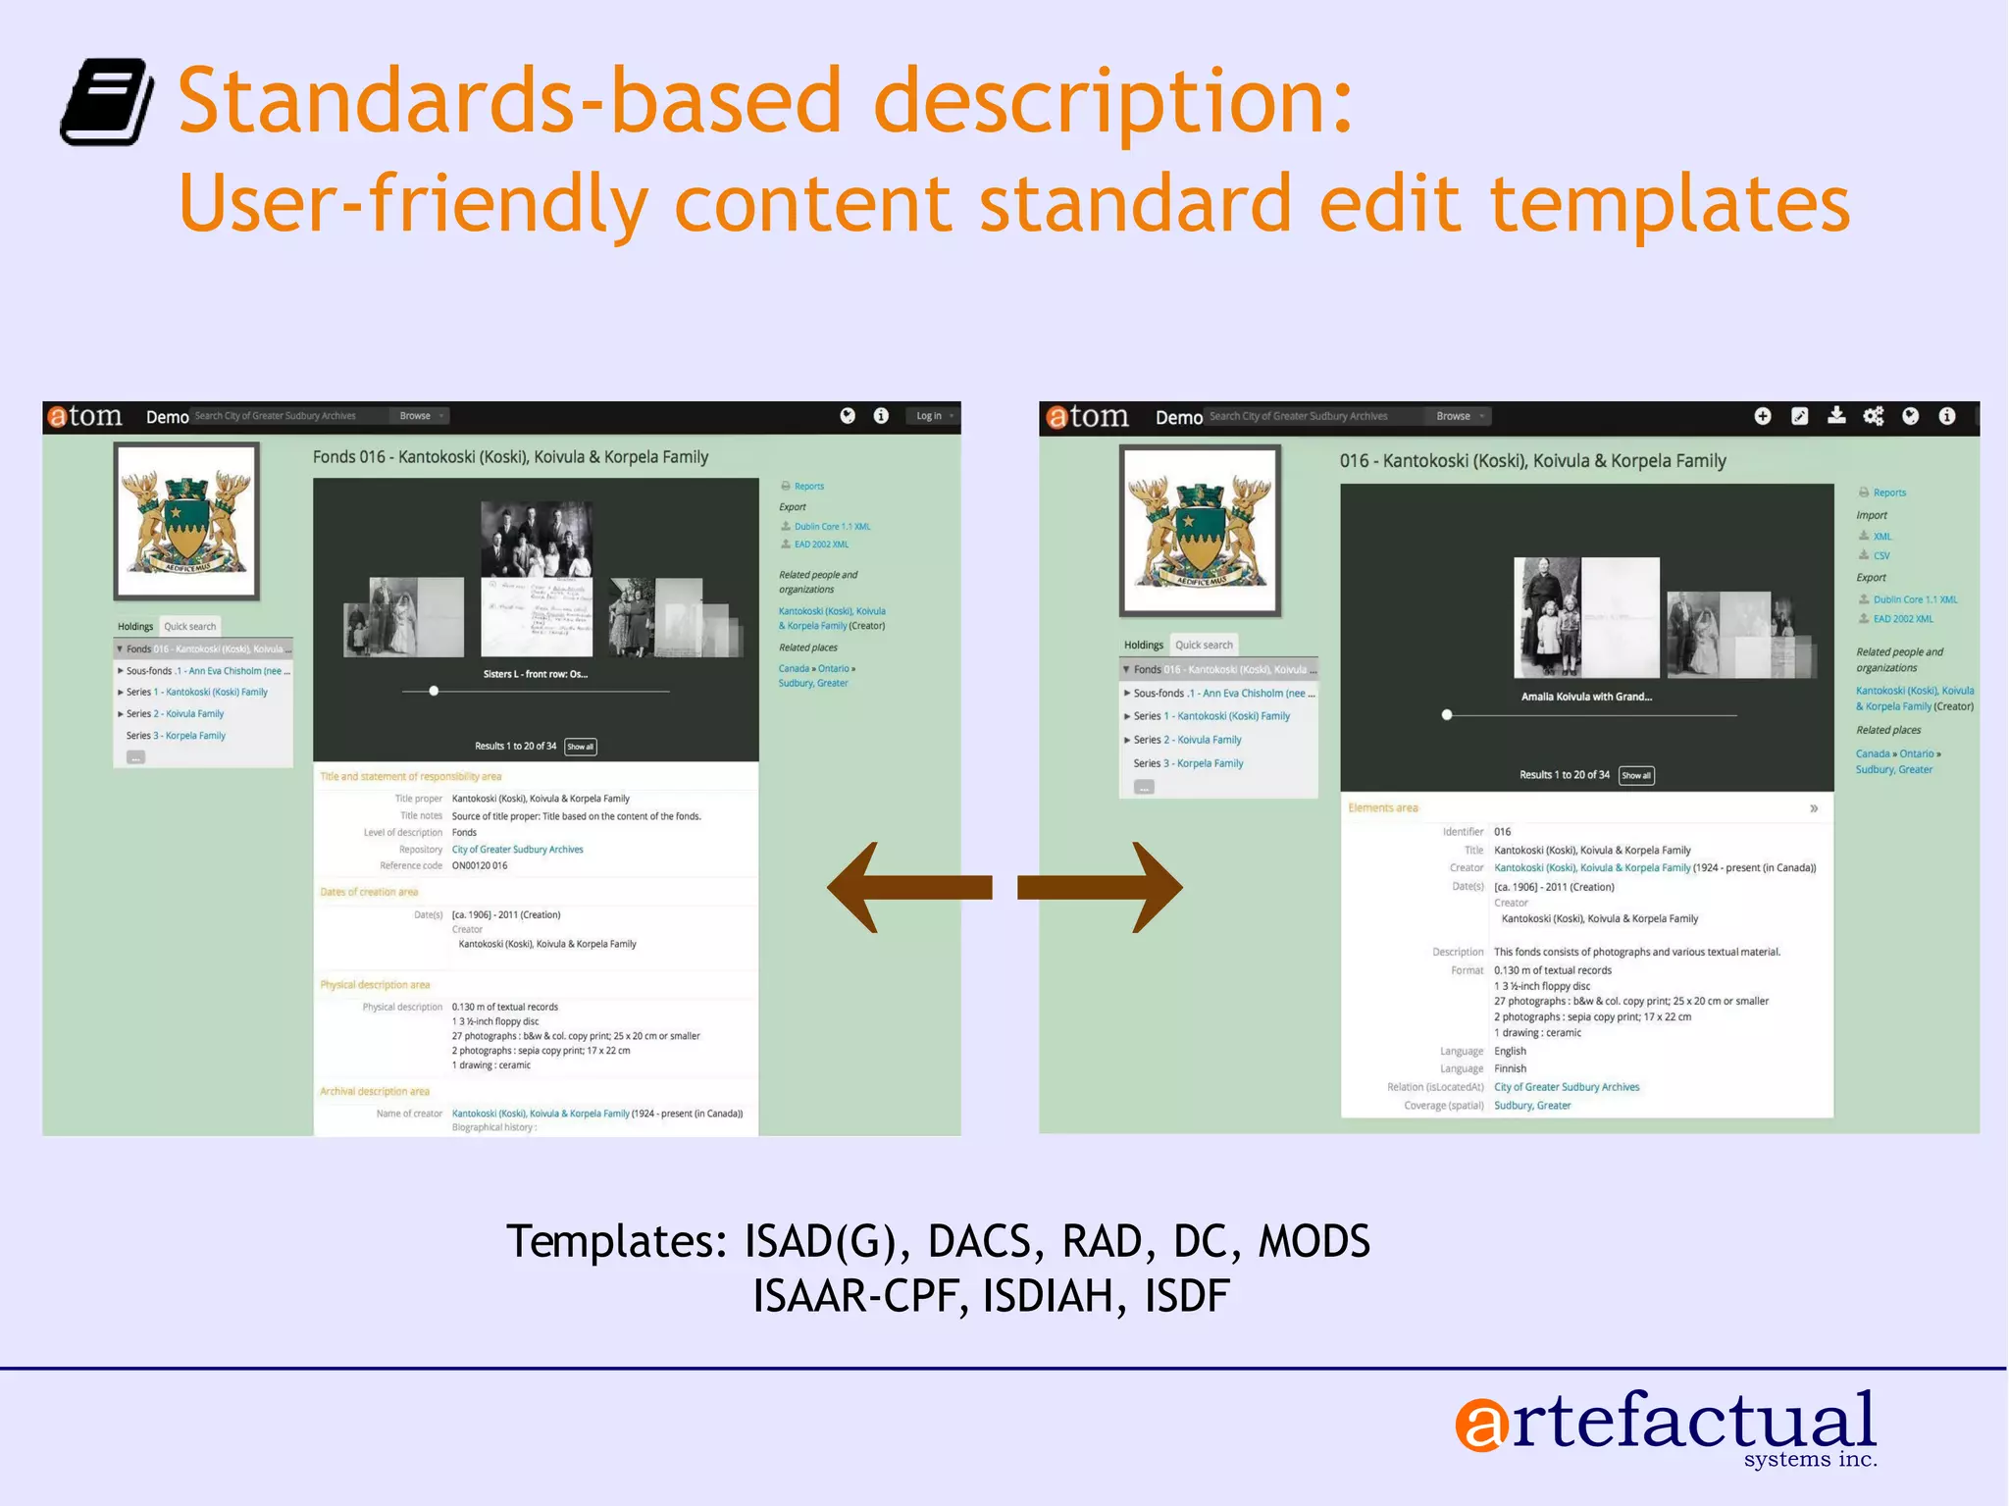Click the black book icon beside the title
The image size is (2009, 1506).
[x=106, y=102]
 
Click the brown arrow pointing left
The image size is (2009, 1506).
[x=908, y=887]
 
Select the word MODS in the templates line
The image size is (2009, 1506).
[x=1314, y=1241]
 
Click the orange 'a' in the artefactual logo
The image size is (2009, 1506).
[x=1482, y=1425]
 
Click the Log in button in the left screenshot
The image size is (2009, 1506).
[x=932, y=416]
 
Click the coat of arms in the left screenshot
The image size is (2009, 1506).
[x=186, y=521]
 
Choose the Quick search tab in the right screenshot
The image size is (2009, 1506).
[x=1204, y=645]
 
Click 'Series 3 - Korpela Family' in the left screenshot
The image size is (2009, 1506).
[x=177, y=735]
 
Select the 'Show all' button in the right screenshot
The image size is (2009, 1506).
[x=1635, y=775]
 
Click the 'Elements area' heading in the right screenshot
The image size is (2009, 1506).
[x=1383, y=807]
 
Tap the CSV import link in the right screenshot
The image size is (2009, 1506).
[x=1880, y=555]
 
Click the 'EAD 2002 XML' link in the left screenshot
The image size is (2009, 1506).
[x=821, y=545]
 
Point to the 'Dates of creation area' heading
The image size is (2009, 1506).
[x=369, y=892]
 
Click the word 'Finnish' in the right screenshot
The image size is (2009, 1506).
[x=1510, y=1068]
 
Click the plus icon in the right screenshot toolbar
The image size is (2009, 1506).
[x=1763, y=416]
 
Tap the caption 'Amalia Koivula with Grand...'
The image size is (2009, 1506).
[x=1586, y=697]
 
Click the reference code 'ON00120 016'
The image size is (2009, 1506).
[x=480, y=865]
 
